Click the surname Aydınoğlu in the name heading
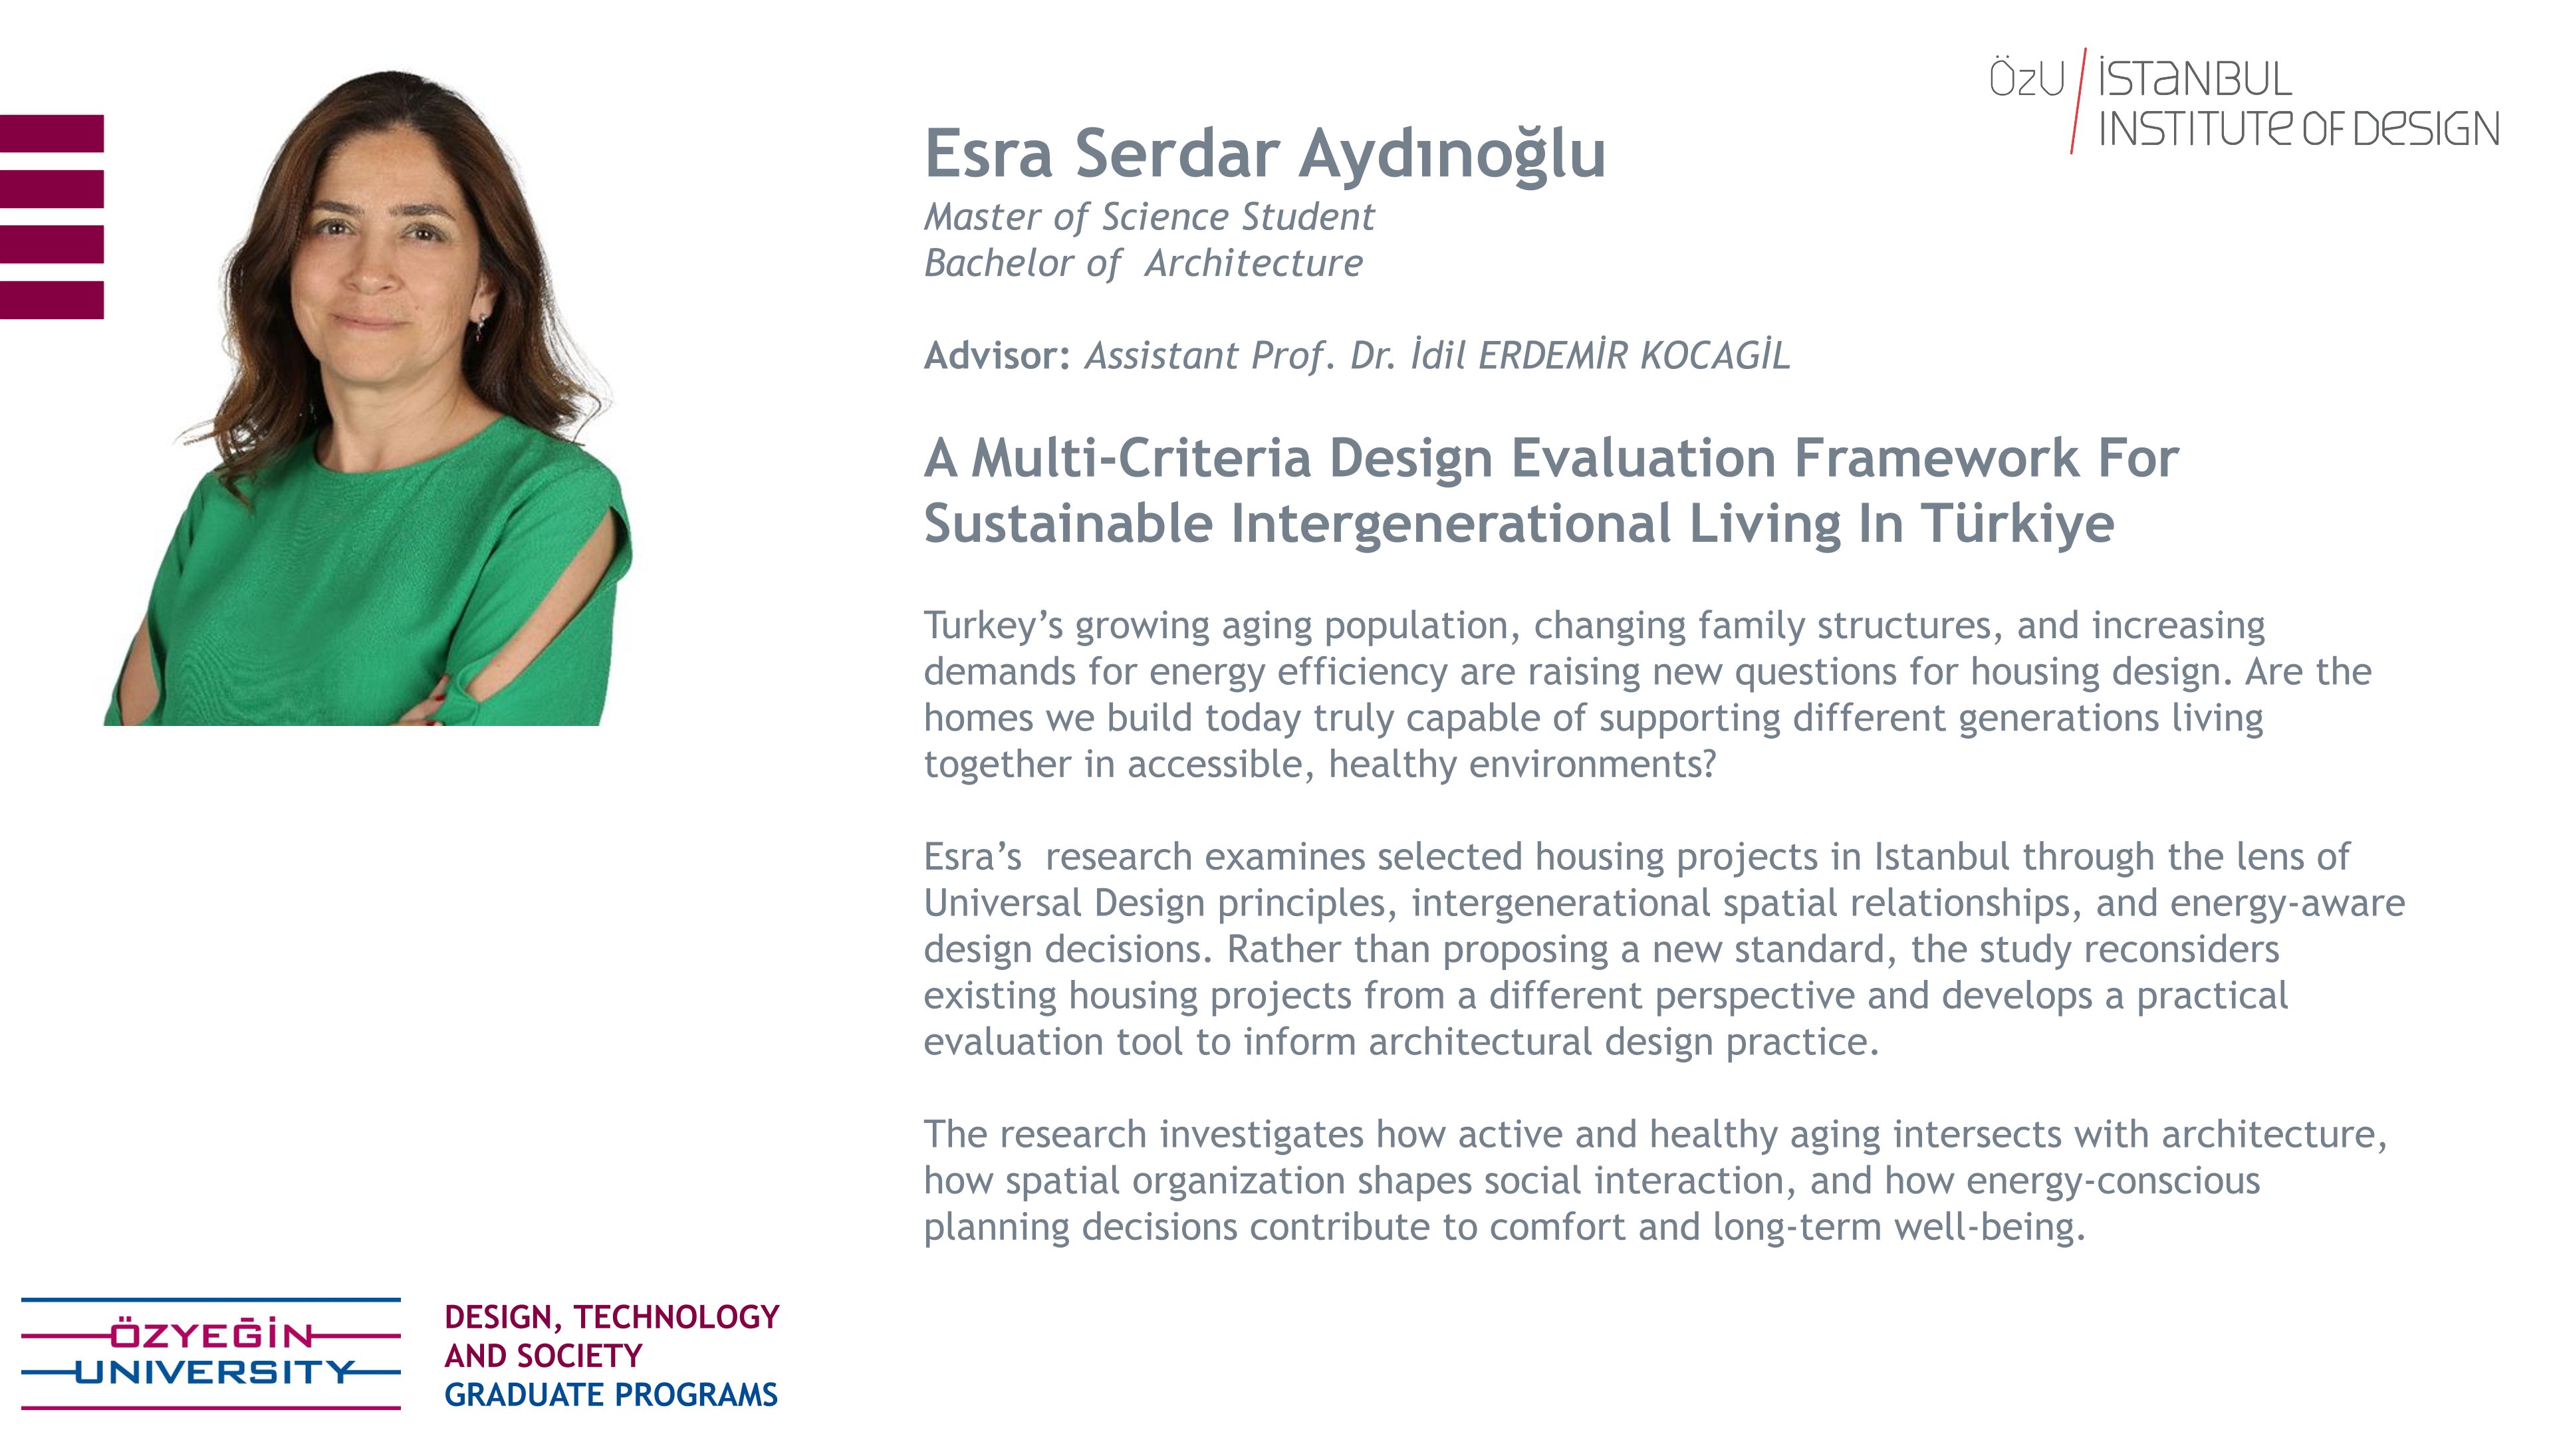coord(1452,156)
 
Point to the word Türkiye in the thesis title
coord(2018,523)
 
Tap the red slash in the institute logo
coord(2078,100)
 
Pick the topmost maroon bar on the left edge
coord(52,133)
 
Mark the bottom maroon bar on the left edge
coord(52,300)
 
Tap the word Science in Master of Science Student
coord(1165,216)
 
